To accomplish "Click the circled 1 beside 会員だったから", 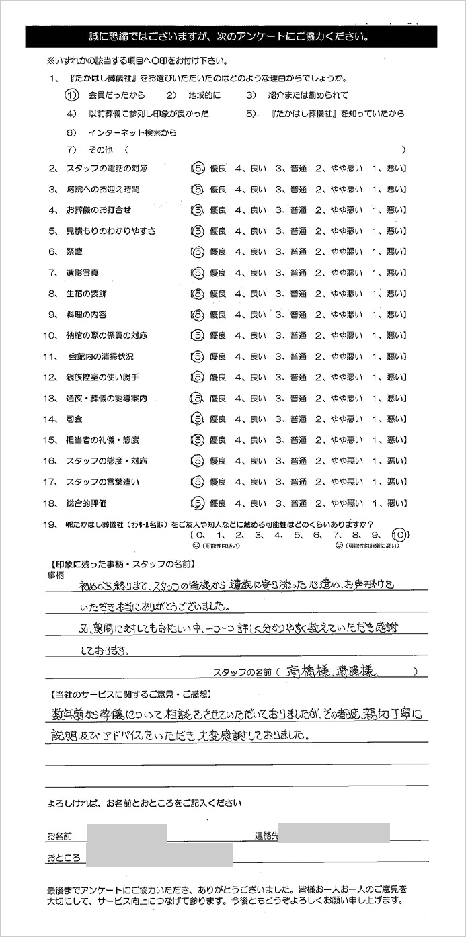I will [73, 95].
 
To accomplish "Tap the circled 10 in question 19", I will [399, 535].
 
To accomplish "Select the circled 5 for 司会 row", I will [196, 419].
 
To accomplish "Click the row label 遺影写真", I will [83, 273].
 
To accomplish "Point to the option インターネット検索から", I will [132, 133].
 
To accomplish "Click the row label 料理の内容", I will [86, 315].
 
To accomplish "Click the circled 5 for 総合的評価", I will [196, 503].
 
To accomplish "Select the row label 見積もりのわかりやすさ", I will [111, 231].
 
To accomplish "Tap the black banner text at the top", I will [231, 36].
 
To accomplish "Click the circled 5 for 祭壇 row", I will [196, 252].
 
